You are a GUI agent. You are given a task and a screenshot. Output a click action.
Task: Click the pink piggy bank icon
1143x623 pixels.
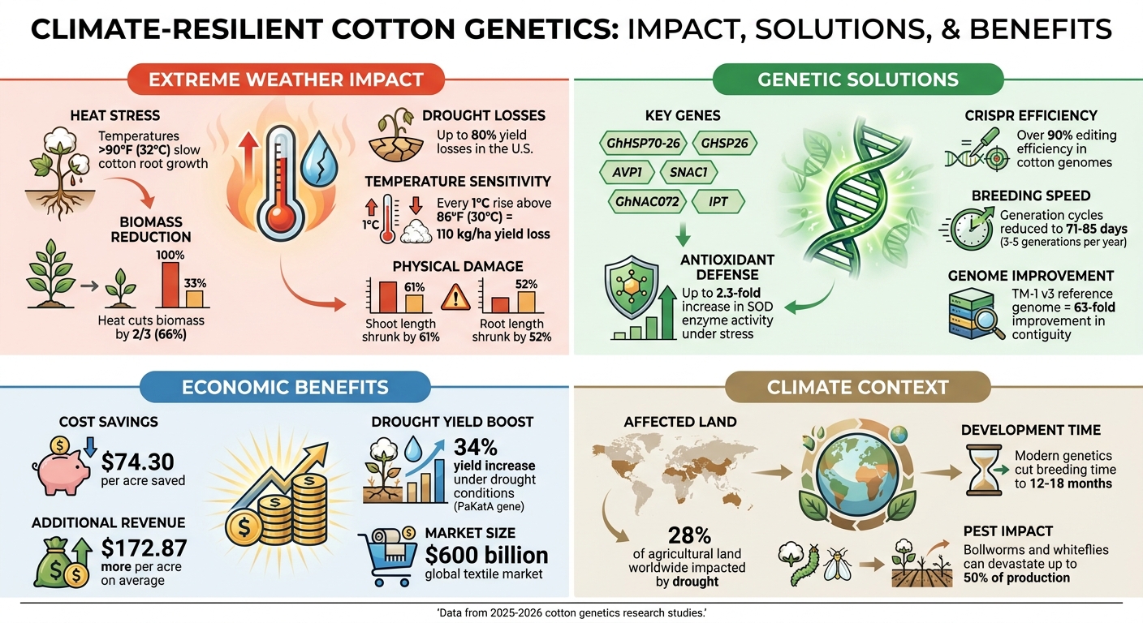pyautogui.click(x=61, y=466)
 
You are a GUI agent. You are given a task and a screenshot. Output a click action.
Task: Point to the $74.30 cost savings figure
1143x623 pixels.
pyautogui.click(x=138, y=462)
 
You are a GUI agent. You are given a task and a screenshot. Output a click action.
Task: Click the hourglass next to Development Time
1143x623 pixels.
pyautogui.click(x=981, y=470)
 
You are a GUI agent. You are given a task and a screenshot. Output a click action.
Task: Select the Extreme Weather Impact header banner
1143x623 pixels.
pyautogui.click(x=285, y=79)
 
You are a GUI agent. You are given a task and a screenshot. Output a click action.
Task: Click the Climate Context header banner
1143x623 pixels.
pyautogui.click(x=857, y=387)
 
